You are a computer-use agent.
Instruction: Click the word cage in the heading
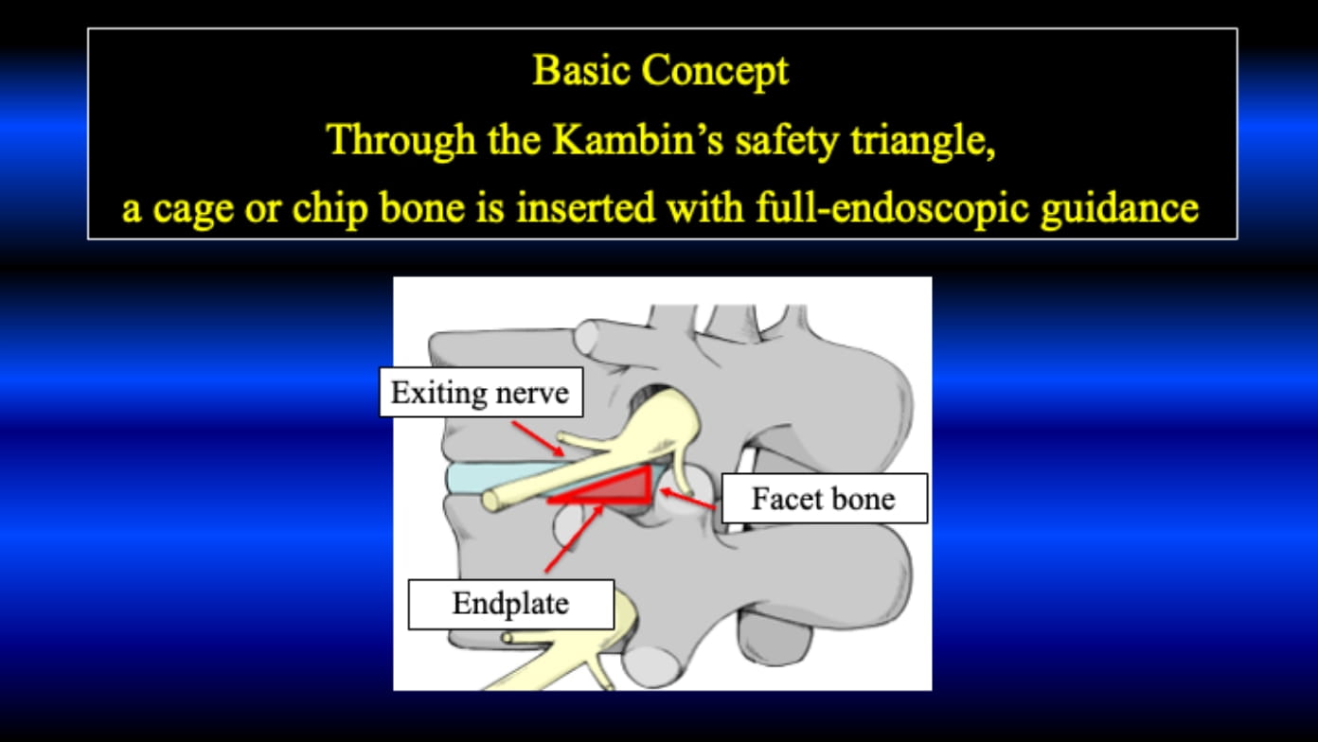pos(193,210)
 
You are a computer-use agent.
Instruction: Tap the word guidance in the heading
pos(1120,210)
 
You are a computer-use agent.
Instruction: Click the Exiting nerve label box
pos(481,392)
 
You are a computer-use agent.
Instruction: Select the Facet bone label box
pos(825,499)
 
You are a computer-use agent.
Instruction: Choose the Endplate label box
pos(510,604)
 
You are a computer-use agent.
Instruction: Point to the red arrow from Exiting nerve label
pos(538,438)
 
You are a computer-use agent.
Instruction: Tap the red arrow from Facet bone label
pos(687,498)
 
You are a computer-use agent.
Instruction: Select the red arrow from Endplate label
pos(574,538)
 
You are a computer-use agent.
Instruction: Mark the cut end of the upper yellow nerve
pos(490,502)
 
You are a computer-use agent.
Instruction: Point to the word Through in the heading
pos(401,141)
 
